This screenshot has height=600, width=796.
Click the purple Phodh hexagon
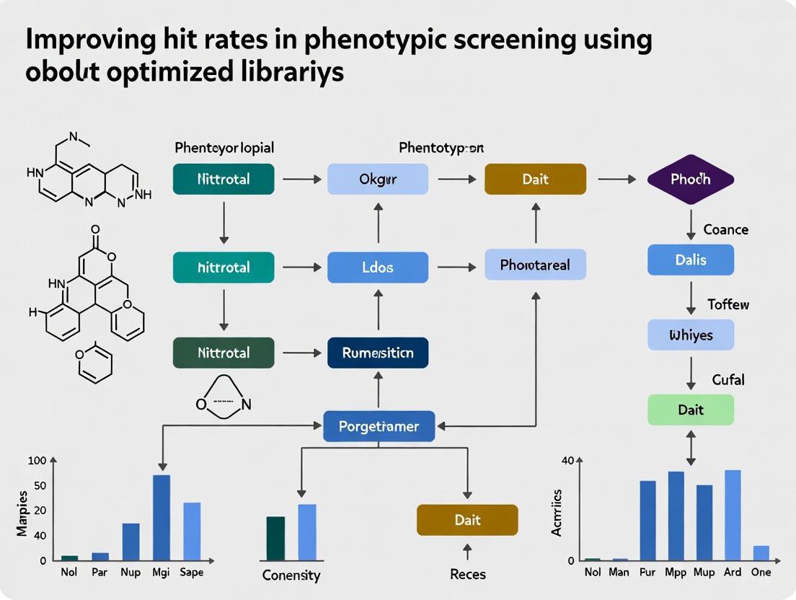pos(690,179)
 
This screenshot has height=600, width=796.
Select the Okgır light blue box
pos(378,179)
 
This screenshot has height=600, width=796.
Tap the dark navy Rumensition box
pos(378,353)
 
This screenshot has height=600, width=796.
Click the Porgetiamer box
pos(379,426)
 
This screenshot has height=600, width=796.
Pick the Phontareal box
pos(535,265)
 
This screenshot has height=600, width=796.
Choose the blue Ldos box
pos(378,267)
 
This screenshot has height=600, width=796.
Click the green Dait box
pos(690,410)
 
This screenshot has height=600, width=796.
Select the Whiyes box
pos(690,335)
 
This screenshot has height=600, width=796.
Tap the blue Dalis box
pos(690,260)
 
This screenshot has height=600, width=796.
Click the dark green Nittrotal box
pos(224,353)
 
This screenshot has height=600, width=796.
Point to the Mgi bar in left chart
pos(162,517)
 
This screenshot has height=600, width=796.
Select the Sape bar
pos(192,531)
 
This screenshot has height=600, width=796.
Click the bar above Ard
pos(733,515)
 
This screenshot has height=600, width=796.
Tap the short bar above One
pos(761,552)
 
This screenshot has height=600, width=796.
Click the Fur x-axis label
pos(648,573)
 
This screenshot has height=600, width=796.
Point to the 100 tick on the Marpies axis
pos(37,461)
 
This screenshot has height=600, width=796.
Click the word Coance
pos(725,229)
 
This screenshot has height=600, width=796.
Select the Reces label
pos(467,574)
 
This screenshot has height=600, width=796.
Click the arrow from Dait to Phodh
pos(616,179)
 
